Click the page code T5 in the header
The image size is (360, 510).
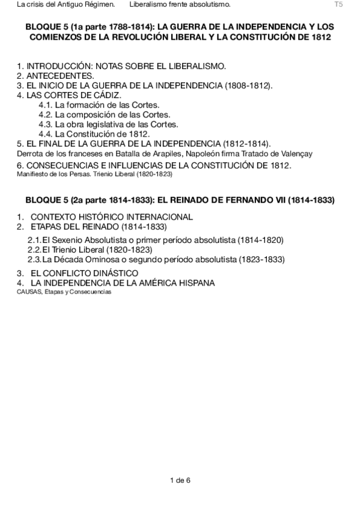point(338,5)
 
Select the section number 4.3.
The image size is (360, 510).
point(46,124)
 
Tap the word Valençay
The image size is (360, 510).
point(294,153)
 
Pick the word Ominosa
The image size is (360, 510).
point(105,260)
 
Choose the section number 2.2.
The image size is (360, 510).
point(34,250)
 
